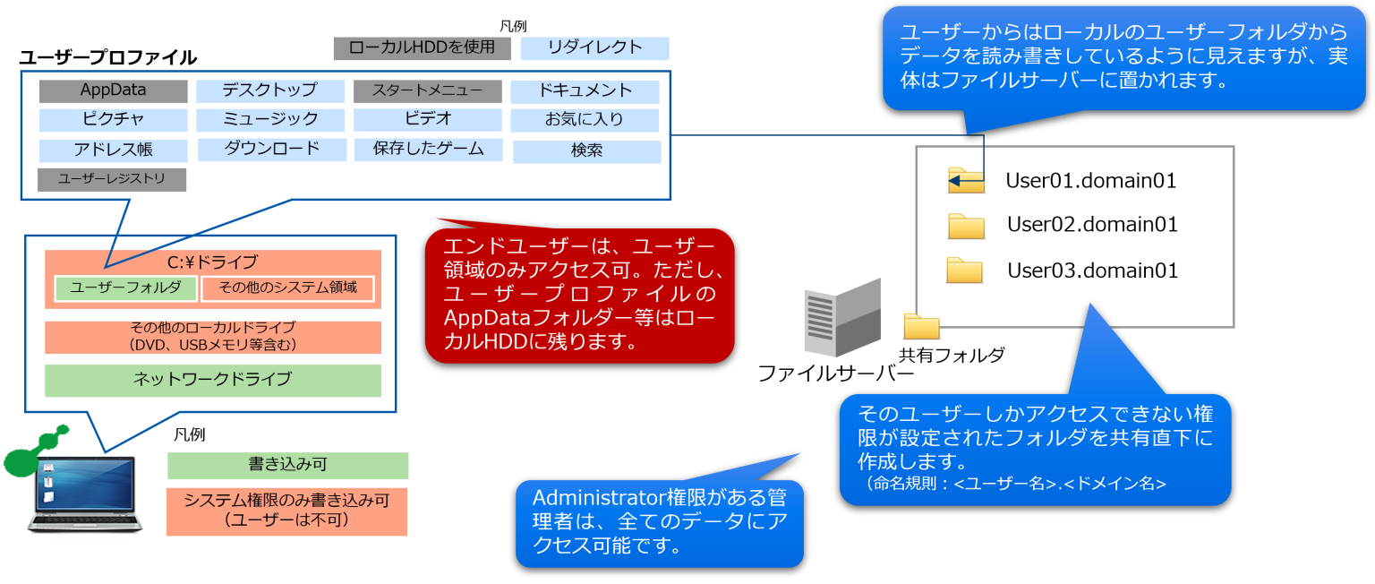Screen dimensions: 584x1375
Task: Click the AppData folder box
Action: tap(113, 90)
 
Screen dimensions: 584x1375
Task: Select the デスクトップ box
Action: tap(269, 90)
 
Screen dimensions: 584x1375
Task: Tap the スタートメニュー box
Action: tap(425, 90)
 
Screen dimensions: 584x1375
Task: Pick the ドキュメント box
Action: tap(585, 90)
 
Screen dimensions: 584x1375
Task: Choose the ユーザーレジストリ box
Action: tap(112, 179)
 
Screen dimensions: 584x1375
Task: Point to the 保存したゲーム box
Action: tap(428, 149)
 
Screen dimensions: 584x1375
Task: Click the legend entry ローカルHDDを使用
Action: tap(422, 47)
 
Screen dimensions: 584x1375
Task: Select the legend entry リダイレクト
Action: tap(594, 47)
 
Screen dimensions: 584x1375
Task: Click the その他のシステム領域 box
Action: tap(287, 288)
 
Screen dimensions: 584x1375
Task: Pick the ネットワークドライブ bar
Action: tap(212, 380)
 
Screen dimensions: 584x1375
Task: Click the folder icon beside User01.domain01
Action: tap(966, 180)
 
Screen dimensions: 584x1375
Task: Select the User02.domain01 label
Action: tap(1091, 224)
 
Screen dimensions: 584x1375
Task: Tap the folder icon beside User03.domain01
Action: tap(965, 271)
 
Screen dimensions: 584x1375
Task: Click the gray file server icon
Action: tap(841, 314)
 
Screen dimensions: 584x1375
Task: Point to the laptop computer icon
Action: tap(86, 494)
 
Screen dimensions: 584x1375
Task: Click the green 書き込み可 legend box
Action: tap(287, 466)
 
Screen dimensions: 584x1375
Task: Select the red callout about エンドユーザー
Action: tap(579, 295)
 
